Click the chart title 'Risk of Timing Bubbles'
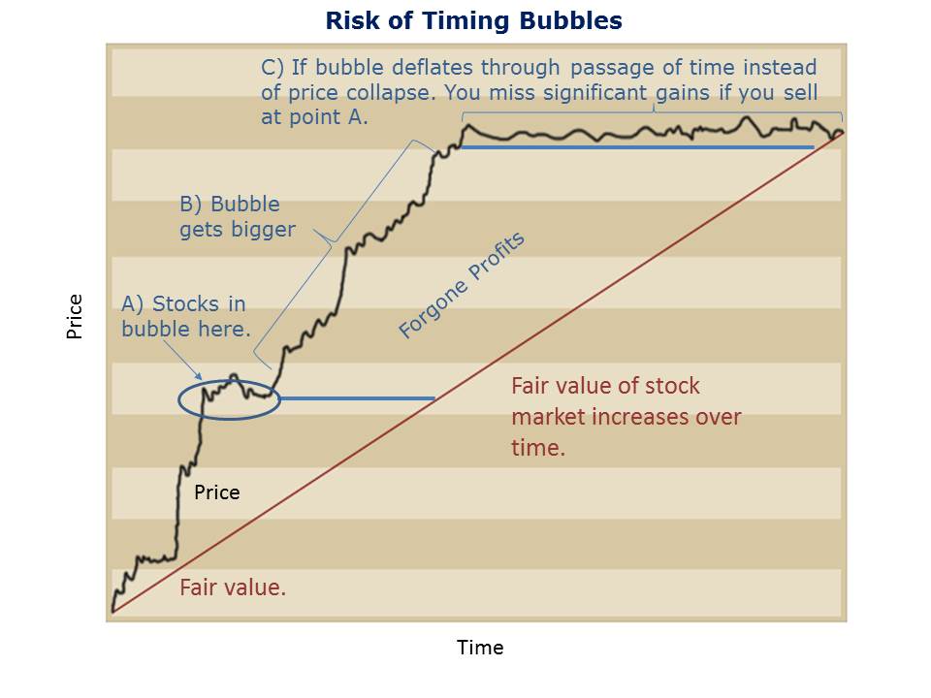pyautogui.click(x=474, y=20)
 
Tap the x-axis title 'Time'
pyautogui.click(x=480, y=647)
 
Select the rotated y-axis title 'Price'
pyautogui.click(x=75, y=316)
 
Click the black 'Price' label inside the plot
pyautogui.click(x=216, y=492)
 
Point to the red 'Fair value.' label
pyautogui.click(x=233, y=587)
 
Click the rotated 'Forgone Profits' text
pyautogui.click(x=462, y=284)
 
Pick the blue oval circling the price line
pyautogui.click(x=178, y=399)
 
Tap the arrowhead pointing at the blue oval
pyautogui.click(x=199, y=375)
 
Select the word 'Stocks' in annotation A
pyautogui.click(x=186, y=303)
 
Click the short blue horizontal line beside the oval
pyautogui.click(x=358, y=398)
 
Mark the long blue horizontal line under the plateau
pyautogui.click(x=637, y=147)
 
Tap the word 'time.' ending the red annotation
pyautogui.click(x=538, y=448)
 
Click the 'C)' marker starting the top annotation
pyautogui.click(x=273, y=68)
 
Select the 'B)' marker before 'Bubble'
pyautogui.click(x=191, y=205)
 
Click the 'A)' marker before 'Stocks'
pyautogui.click(x=133, y=303)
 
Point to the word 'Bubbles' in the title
pyautogui.click(x=570, y=20)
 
